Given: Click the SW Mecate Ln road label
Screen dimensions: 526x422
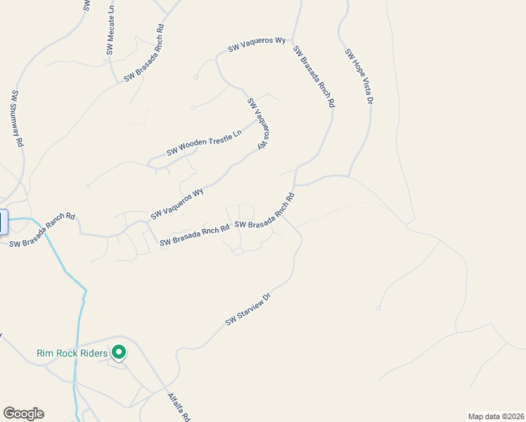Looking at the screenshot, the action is click(110, 33).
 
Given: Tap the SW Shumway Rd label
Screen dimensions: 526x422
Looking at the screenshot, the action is click(16, 118).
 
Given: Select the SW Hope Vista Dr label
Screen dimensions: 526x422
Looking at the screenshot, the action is click(358, 77).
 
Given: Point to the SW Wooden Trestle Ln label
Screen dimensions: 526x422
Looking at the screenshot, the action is click(204, 142).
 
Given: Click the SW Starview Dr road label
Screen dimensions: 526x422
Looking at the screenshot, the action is click(248, 309).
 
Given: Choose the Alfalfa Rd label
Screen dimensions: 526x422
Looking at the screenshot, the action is click(179, 407).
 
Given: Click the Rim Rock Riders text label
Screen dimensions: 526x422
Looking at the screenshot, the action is click(72, 353).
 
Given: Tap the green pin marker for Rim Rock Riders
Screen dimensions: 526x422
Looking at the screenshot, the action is click(119, 352).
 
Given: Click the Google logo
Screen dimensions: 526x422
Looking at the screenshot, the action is click(23, 414).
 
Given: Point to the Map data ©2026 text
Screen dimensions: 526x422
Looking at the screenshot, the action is click(496, 416).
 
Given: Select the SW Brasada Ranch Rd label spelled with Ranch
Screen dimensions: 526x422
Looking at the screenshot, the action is click(41, 232).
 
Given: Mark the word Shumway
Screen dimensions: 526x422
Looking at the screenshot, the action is click(16, 113).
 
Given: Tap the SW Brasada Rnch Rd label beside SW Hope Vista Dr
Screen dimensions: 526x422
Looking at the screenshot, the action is click(314, 77).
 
